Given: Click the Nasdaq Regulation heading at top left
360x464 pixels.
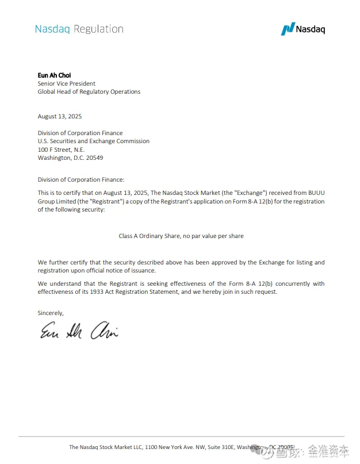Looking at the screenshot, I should point(79,29).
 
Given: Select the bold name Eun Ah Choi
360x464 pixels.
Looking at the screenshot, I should point(54,75).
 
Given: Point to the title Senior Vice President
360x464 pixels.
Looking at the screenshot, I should point(67,83).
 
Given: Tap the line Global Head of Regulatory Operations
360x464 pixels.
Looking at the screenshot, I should point(89,91).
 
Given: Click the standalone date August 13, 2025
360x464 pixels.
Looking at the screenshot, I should point(60,116).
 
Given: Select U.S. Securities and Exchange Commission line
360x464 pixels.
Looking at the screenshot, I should point(94,141).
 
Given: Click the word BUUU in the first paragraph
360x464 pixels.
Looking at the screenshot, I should point(313,193).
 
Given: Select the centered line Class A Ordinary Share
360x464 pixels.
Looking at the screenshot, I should point(181,236).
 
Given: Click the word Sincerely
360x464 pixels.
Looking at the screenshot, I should point(51,313).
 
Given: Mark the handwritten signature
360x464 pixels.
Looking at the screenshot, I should point(79,330).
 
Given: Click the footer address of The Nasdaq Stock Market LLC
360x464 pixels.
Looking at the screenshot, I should point(181,447).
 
